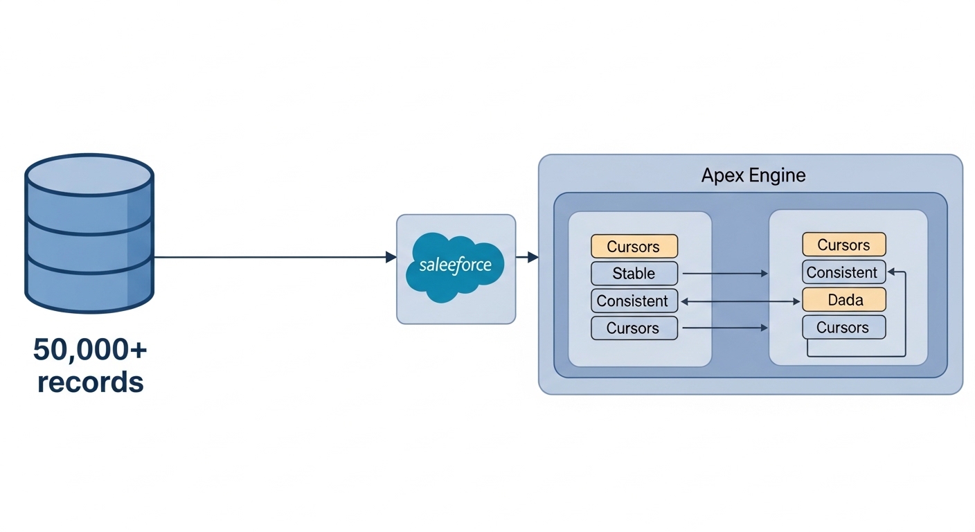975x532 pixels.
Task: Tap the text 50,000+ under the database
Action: pos(90,351)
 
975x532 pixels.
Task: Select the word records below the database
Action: pos(90,382)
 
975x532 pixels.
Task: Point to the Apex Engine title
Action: pos(753,175)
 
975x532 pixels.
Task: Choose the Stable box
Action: pos(634,274)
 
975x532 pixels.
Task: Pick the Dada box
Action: pos(844,300)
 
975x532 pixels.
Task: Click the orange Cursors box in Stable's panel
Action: pos(634,247)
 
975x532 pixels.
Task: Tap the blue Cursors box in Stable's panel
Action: pos(634,328)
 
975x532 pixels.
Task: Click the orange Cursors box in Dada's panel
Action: pos(844,245)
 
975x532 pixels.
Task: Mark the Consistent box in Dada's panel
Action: pos(844,272)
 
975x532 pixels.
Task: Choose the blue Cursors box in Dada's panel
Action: pos(844,327)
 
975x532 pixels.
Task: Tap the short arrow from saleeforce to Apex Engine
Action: pos(527,257)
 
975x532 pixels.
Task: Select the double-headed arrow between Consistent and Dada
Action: pos(740,301)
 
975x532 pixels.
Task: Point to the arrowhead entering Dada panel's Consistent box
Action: pos(892,272)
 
